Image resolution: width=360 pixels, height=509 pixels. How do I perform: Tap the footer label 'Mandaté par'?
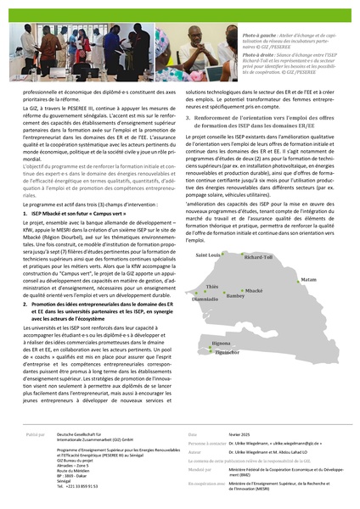(x=200, y=467)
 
